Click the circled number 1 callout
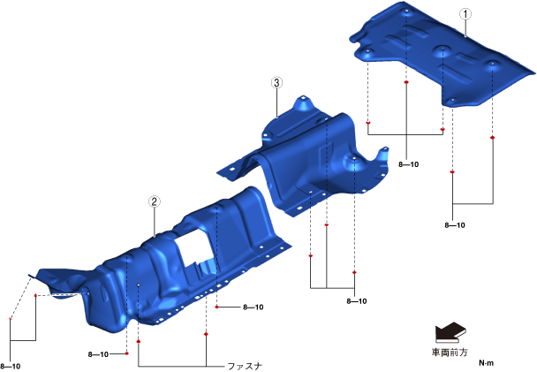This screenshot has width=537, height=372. pyautogui.click(x=465, y=14)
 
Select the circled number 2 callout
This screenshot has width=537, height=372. pyautogui.click(x=154, y=201)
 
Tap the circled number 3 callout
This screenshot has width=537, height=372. pyautogui.click(x=276, y=82)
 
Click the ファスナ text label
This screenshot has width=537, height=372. pyautogui.click(x=245, y=366)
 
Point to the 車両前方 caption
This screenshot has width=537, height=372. pyautogui.click(x=450, y=353)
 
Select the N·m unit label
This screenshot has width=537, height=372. pyautogui.click(x=487, y=363)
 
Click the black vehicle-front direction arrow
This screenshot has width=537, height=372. pyautogui.click(x=450, y=332)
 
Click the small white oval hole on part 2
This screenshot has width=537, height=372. pyautogui.click(x=139, y=285)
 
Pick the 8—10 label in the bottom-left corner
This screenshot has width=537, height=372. pyautogui.click(x=11, y=367)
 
